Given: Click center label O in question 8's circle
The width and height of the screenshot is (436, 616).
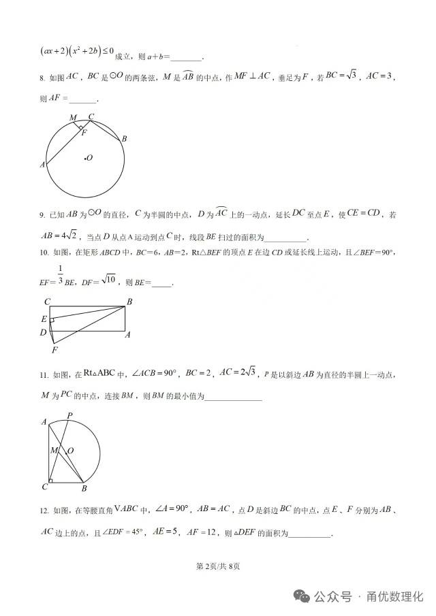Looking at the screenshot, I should coord(89,159).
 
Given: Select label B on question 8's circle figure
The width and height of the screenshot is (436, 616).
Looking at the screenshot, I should coord(124,139).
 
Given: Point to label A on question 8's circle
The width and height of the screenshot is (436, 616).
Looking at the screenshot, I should coord(42,164).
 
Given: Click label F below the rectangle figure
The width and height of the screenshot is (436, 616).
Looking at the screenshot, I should coord(54,350).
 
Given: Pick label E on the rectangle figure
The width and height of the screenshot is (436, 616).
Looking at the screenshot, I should coord(44,319).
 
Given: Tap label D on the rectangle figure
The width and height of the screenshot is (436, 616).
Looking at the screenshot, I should coord(43,332).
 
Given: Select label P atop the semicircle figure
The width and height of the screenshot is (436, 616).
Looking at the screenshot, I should coord(69,415).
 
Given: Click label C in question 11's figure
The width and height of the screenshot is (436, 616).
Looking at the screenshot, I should coord(44,487).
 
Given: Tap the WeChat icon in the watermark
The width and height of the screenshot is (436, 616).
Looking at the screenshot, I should coord(302,596).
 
